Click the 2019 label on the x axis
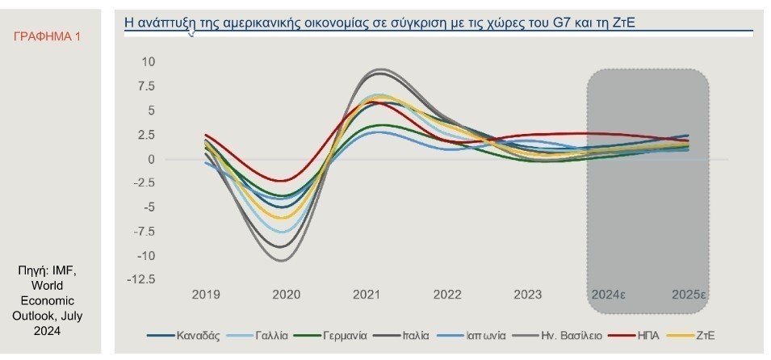pyautogui.click(x=205, y=295)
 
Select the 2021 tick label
pyautogui.click(x=367, y=295)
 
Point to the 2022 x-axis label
pyautogui.click(x=447, y=295)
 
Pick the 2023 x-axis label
pyautogui.click(x=527, y=295)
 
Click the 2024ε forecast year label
pyautogui.click(x=608, y=295)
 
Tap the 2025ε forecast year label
pyautogui.click(x=689, y=295)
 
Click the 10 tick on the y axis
pyautogui.click(x=148, y=61)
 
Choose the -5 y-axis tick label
pyautogui.click(x=147, y=207)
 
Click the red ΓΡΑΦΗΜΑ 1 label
pyautogui.click(x=48, y=37)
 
